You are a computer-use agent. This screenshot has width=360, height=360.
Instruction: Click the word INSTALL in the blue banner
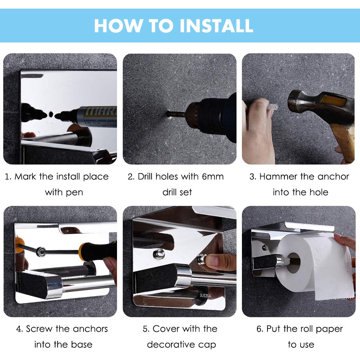pos(216,26)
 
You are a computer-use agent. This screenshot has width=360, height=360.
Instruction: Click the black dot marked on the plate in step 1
pos(51,114)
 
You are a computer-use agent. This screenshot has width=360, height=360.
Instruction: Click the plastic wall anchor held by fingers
pos(272,107)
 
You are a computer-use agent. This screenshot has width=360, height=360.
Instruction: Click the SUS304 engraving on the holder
pos(205,296)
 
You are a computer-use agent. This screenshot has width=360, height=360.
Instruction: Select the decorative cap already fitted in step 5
pos(159,254)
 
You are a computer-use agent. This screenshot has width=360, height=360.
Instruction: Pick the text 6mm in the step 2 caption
pos(213,176)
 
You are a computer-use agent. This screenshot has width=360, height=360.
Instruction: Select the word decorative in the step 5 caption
pos(171,345)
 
